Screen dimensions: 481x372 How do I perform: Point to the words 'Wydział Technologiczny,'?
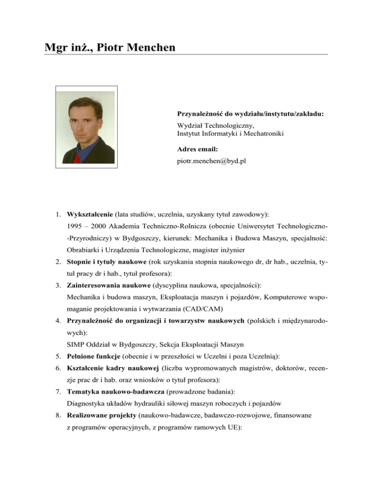212,125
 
